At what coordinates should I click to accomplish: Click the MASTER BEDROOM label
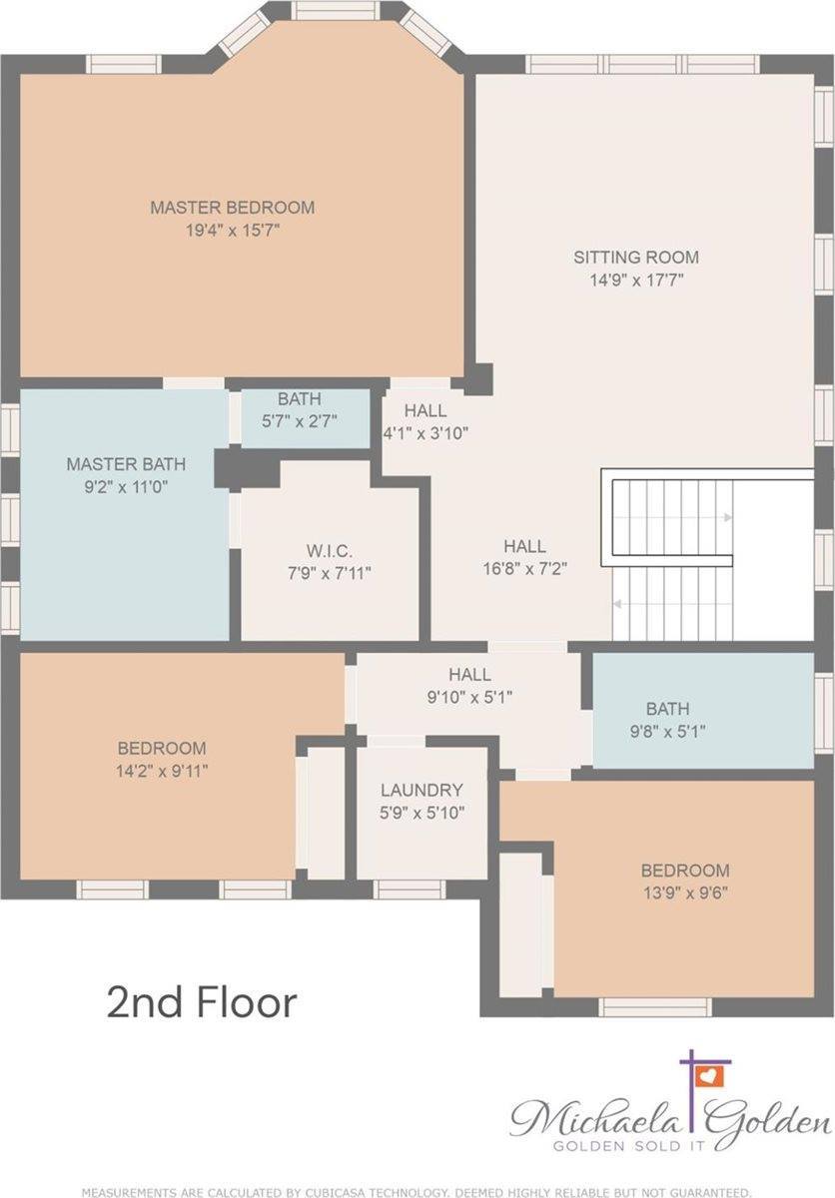click(x=232, y=208)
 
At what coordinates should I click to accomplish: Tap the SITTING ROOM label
click(x=635, y=257)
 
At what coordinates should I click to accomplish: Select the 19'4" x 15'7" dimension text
click(x=232, y=231)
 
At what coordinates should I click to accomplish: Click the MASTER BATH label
click(x=126, y=464)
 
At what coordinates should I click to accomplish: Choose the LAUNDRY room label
click(x=421, y=790)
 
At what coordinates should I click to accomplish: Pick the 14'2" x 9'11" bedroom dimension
click(x=162, y=770)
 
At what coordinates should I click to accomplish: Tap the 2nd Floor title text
click(x=202, y=1002)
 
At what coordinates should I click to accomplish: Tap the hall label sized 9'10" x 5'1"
click(x=469, y=675)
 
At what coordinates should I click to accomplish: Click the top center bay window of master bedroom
click(x=337, y=11)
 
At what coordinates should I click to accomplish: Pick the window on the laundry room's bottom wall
click(x=410, y=889)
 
